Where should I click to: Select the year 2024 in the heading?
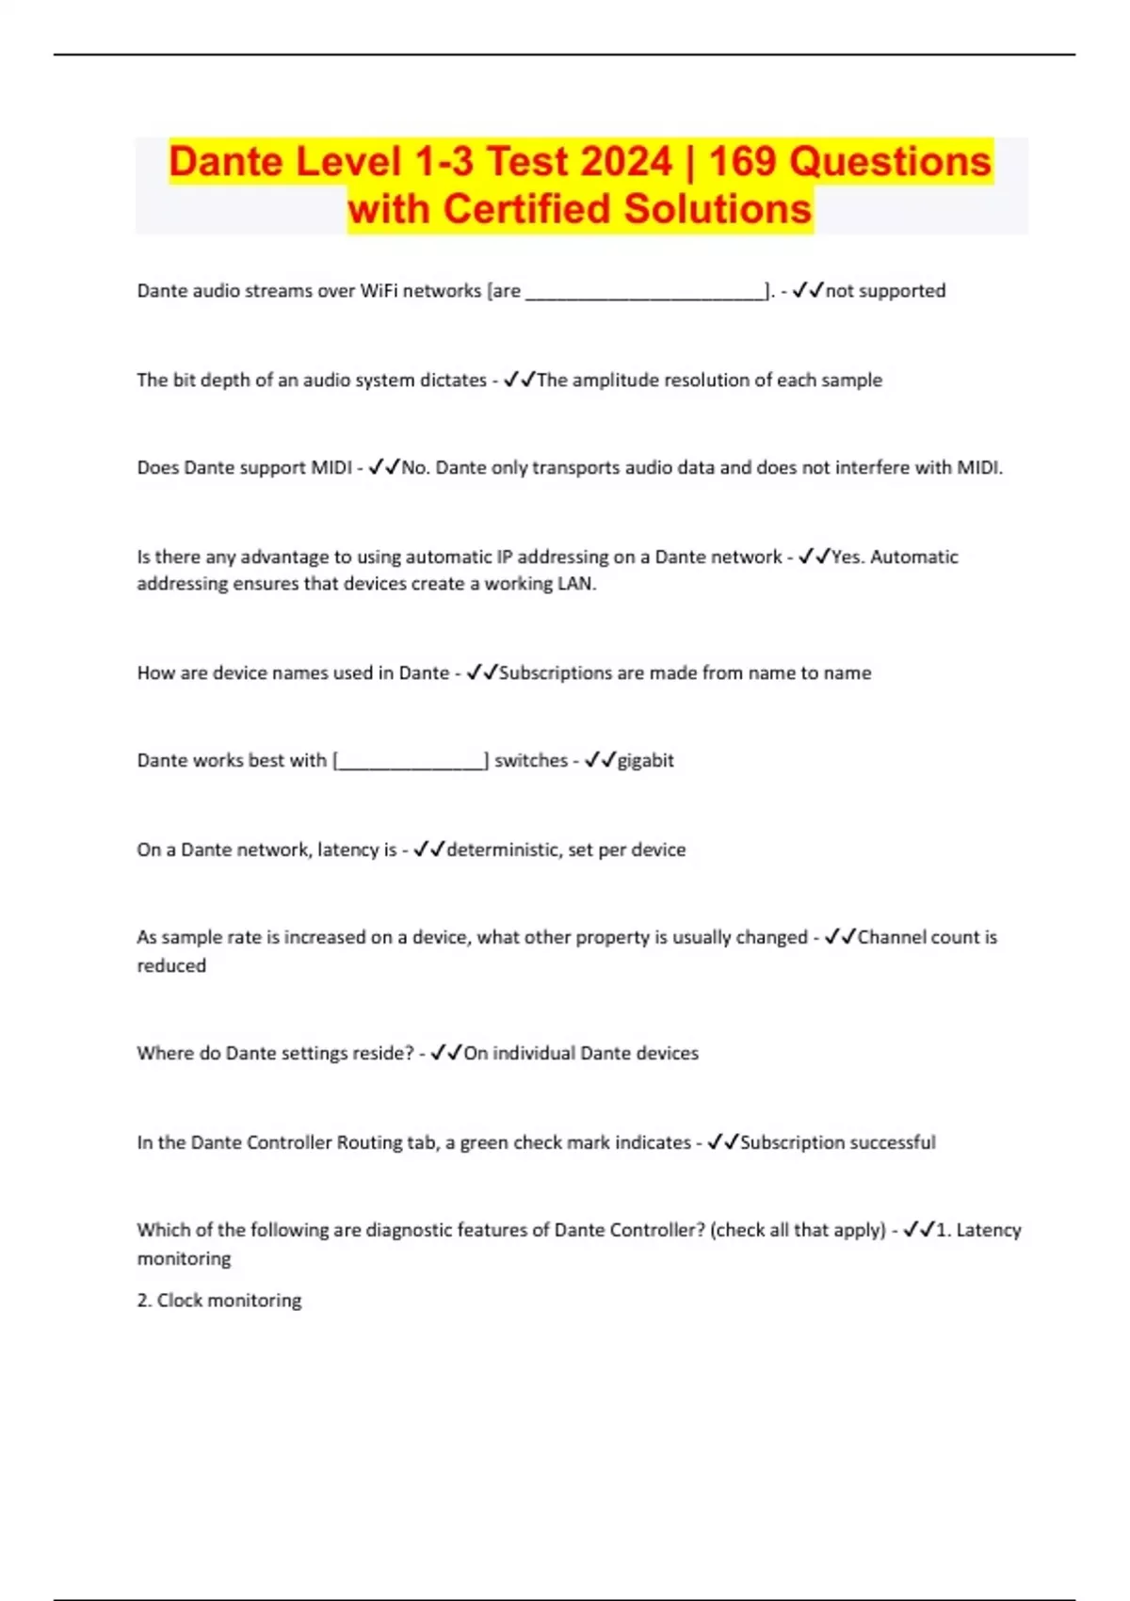[625, 161]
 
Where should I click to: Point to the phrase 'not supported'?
[885, 291]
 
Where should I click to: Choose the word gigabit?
[645, 761]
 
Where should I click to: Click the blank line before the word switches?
[412, 763]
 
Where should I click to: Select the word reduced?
[171, 966]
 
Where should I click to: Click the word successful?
[893, 1143]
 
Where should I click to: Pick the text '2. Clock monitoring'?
[219, 1301]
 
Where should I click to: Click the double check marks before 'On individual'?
[445, 1054]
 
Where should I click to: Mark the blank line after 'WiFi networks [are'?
[645, 294]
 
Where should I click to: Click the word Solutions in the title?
[718, 209]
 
